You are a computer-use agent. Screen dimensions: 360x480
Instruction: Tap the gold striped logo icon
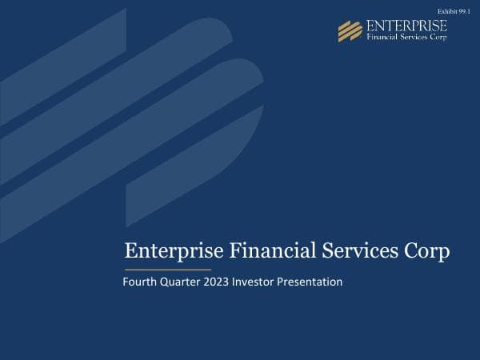[350, 30]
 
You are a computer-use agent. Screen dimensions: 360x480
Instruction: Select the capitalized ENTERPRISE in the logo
[406, 26]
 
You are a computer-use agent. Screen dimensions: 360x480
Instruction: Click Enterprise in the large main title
[174, 251]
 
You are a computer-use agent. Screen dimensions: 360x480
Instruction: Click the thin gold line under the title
[169, 270]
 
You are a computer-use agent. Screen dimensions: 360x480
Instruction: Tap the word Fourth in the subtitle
[139, 282]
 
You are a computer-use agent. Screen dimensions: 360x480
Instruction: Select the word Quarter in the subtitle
[179, 282]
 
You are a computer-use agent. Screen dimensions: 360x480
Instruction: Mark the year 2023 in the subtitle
[216, 282]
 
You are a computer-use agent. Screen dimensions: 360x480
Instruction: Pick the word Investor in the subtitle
[254, 282]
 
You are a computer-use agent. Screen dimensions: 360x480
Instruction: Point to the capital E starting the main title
[131, 251]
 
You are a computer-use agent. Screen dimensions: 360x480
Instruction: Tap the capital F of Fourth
[126, 282]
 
